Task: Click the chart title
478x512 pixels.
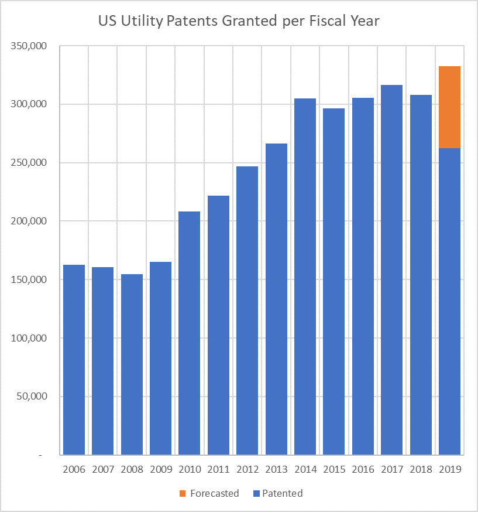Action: (239, 22)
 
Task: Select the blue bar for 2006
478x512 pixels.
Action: (74, 360)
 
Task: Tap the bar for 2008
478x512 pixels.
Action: (132, 364)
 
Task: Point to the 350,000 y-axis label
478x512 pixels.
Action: (29, 46)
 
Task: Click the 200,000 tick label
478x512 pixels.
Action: (29, 221)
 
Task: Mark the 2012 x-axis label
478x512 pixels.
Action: (247, 470)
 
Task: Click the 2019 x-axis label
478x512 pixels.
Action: (449, 470)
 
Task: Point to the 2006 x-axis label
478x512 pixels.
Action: (74, 470)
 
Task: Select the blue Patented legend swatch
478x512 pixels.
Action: (255, 493)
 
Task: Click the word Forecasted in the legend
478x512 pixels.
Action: (215, 493)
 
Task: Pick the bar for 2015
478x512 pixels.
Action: (333, 282)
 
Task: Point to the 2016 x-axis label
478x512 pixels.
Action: (363, 470)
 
